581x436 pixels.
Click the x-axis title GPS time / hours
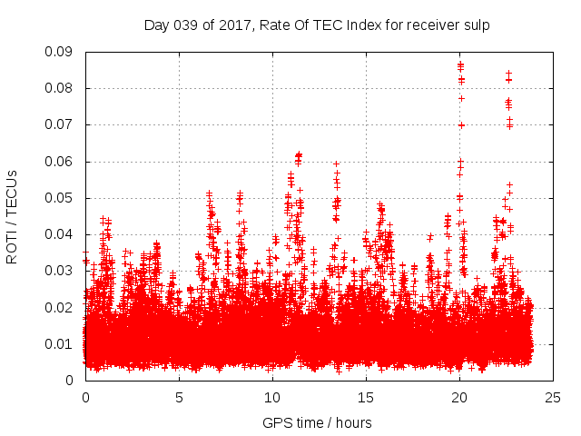pyautogui.click(x=317, y=422)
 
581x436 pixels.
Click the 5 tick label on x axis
pyautogui.click(x=179, y=397)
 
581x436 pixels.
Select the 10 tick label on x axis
pyautogui.click(x=272, y=397)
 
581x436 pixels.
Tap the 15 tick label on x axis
pyautogui.click(x=366, y=397)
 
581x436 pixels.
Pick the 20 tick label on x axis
pyautogui.click(x=459, y=397)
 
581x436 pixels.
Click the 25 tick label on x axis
pyautogui.click(x=553, y=397)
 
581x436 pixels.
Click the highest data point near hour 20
pyautogui.click(x=460, y=64)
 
